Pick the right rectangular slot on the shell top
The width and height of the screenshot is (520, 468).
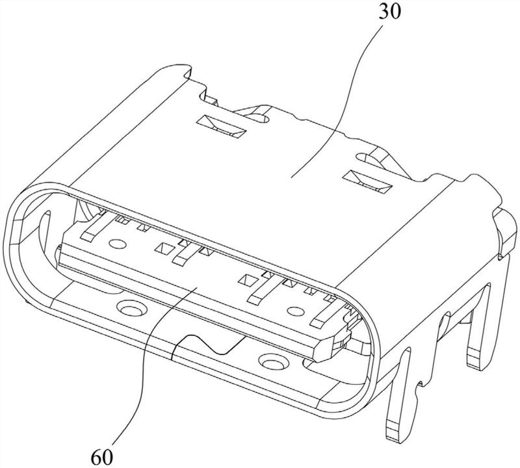(370, 181)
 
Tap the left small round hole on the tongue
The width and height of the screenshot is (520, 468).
(117, 245)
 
